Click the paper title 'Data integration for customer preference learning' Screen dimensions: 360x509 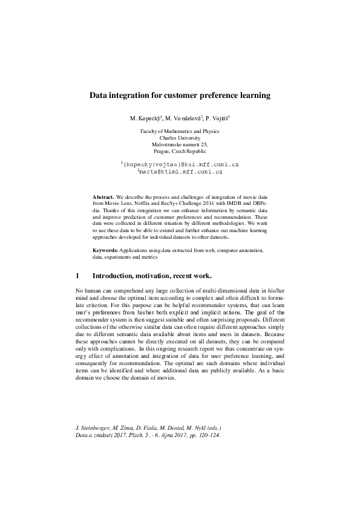180,95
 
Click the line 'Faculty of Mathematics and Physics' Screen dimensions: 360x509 180,131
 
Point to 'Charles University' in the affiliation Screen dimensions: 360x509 180,138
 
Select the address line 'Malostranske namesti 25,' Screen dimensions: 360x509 180,145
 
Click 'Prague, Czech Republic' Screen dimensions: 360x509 180,152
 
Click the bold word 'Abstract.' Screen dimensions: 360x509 103,198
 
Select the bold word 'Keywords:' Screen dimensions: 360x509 105,250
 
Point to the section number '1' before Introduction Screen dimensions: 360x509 77,276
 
